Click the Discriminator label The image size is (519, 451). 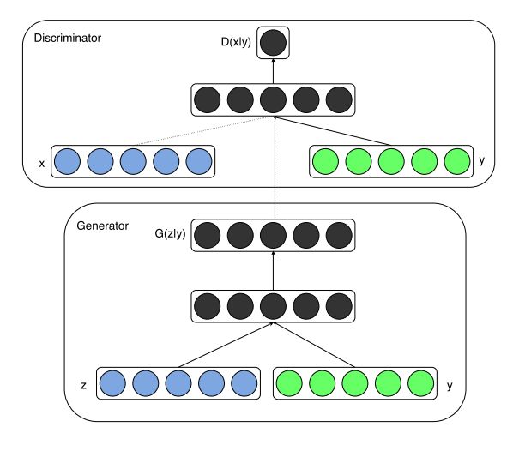pyautogui.click(x=68, y=38)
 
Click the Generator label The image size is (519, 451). pyautogui.click(x=102, y=225)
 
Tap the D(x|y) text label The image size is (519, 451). pyautogui.click(x=236, y=42)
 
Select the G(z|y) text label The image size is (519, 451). pyautogui.click(x=170, y=233)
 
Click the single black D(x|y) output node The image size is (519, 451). pyautogui.click(x=273, y=43)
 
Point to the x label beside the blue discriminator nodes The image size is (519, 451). pyautogui.click(x=42, y=164)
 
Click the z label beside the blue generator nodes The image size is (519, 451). pyautogui.click(x=83, y=385)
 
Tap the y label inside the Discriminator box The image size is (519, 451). pyautogui.click(x=481, y=160)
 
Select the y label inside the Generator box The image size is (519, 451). pyautogui.click(x=450, y=386)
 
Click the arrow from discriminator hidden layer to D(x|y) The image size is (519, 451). pyautogui.click(x=273, y=71)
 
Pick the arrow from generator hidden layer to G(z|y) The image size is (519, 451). pyautogui.click(x=273, y=271)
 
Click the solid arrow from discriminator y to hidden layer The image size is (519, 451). pyautogui.click(x=332, y=131)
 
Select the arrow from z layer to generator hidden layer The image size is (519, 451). pyautogui.click(x=226, y=345)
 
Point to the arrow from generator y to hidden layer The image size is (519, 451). pyautogui.click(x=314, y=345)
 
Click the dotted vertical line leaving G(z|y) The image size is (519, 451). pyautogui.click(x=275, y=168)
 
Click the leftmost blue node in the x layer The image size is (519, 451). pyautogui.click(x=67, y=161)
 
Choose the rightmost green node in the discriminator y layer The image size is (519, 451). pyautogui.click(x=457, y=161)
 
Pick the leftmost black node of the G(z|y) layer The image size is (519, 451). pyautogui.click(x=208, y=235)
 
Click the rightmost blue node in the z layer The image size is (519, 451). pyautogui.click(x=244, y=383)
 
